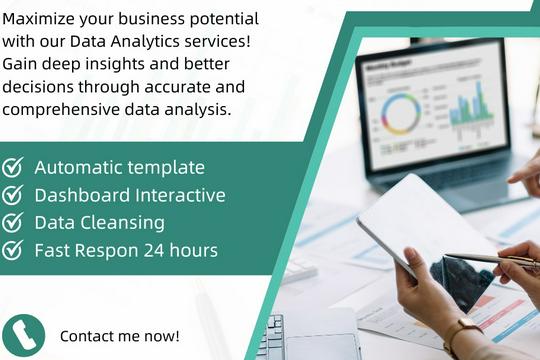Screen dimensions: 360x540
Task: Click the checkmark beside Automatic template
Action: point(13,167)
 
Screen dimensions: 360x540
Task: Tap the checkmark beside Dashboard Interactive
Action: point(13,195)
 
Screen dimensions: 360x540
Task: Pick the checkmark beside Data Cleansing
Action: point(13,222)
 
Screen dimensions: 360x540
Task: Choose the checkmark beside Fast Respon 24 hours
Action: point(13,250)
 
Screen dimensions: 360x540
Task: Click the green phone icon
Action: point(23,335)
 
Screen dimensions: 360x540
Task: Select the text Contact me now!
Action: point(120,335)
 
